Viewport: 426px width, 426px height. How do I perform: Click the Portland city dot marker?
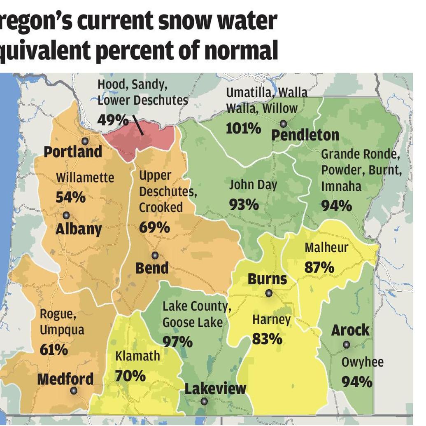coord(85,141)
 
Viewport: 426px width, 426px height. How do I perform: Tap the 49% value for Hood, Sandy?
coord(113,120)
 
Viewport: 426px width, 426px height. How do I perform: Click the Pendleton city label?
coord(305,135)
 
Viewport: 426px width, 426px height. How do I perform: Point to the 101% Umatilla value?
coord(243,129)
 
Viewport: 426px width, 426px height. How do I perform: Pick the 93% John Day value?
coord(244,204)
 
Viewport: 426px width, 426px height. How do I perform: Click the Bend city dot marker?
coord(155,255)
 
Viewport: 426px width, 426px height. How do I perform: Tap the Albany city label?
coord(79,229)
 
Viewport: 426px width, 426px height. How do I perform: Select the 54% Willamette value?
coord(71,197)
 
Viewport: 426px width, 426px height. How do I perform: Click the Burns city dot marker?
coord(269,293)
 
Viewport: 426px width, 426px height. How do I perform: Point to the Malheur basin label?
coord(326,248)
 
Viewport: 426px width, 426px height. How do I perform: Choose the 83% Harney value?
coord(267,339)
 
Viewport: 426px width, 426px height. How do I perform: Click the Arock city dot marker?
coord(347,344)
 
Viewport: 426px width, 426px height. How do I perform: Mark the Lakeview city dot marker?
coord(204,401)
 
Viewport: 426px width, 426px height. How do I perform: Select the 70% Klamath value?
coord(130,375)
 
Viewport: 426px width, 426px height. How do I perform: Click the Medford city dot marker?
coord(74,391)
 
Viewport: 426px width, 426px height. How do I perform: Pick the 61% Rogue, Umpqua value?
coord(54,349)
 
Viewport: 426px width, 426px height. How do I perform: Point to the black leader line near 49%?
coord(138,126)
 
